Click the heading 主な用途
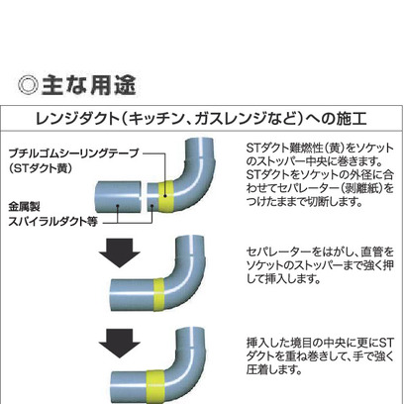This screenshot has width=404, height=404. (x=89, y=85)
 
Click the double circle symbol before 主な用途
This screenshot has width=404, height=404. (x=29, y=86)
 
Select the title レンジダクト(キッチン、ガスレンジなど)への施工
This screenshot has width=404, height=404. (x=201, y=119)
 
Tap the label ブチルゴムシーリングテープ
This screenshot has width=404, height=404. (x=73, y=153)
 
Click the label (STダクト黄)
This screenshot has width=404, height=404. (x=41, y=168)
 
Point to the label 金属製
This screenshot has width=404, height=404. (x=24, y=207)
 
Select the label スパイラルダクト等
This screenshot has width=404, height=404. (x=52, y=222)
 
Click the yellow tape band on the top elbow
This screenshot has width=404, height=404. (x=166, y=197)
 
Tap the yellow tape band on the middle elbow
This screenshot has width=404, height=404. (x=159, y=295)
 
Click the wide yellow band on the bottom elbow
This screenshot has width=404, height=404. (x=155, y=386)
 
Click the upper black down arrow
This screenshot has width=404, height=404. (x=120, y=252)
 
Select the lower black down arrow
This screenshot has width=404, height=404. (x=120, y=344)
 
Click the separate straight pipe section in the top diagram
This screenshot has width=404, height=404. (x=119, y=197)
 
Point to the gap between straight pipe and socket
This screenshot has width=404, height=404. (x=145, y=197)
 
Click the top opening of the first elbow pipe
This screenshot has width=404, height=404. (x=199, y=140)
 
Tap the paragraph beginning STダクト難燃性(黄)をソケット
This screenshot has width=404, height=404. (x=320, y=174)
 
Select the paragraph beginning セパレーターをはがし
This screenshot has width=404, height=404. (x=320, y=265)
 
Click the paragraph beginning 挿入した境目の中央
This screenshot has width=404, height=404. (x=320, y=356)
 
